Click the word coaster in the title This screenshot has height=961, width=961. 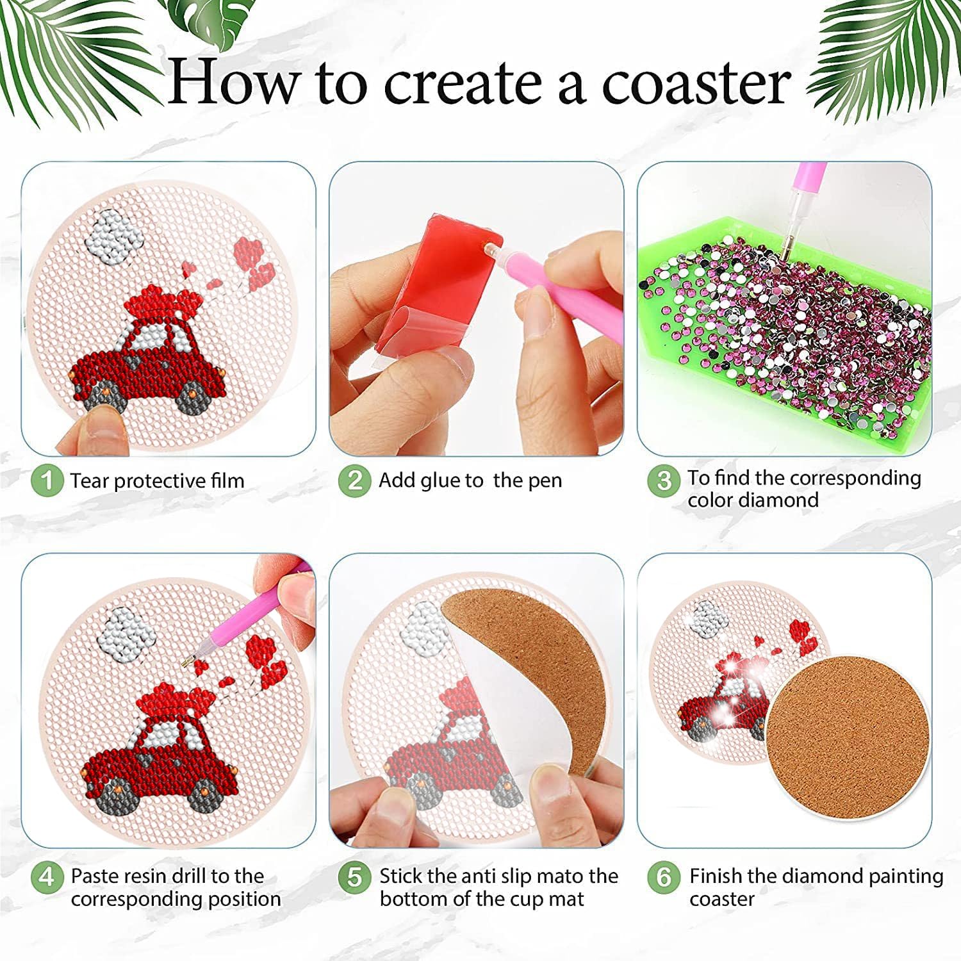pyautogui.click(x=696, y=83)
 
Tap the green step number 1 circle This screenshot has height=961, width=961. pyautogui.click(x=47, y=481)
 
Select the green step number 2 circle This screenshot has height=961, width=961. pyautogui.click(x=355, y=481)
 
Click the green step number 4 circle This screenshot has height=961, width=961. pyautogui.click(x=47, y=876)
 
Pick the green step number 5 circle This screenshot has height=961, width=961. pyautogui.click(x=355, y=876)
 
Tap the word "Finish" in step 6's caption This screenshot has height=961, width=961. pyautogui.click(x=715, y=876)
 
